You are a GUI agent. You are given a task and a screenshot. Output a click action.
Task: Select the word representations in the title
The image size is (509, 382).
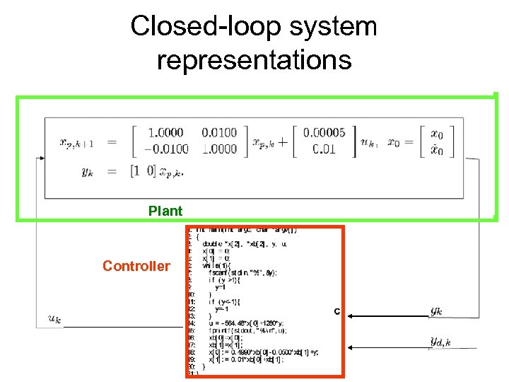[254, 59]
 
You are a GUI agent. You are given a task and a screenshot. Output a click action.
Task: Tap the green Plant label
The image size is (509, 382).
[165, 211]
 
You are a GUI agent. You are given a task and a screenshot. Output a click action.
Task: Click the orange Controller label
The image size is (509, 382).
[136, 266]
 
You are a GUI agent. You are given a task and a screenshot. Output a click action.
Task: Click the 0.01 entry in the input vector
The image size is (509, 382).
[324, 149]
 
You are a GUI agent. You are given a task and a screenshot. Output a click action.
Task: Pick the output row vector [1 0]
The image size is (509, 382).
[143, 170]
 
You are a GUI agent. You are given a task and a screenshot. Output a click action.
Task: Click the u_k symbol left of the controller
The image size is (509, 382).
[54, 319]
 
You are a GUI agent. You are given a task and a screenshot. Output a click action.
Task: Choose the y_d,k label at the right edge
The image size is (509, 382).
[440, 342]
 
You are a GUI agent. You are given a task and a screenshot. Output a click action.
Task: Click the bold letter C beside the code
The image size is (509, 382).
[337, 311]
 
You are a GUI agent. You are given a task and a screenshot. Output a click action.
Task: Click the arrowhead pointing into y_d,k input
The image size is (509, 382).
[349, 347]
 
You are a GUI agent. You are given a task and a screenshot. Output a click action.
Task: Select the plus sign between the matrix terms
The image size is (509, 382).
[283, 141]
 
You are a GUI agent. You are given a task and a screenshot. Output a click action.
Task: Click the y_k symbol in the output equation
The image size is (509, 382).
[87, 171]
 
